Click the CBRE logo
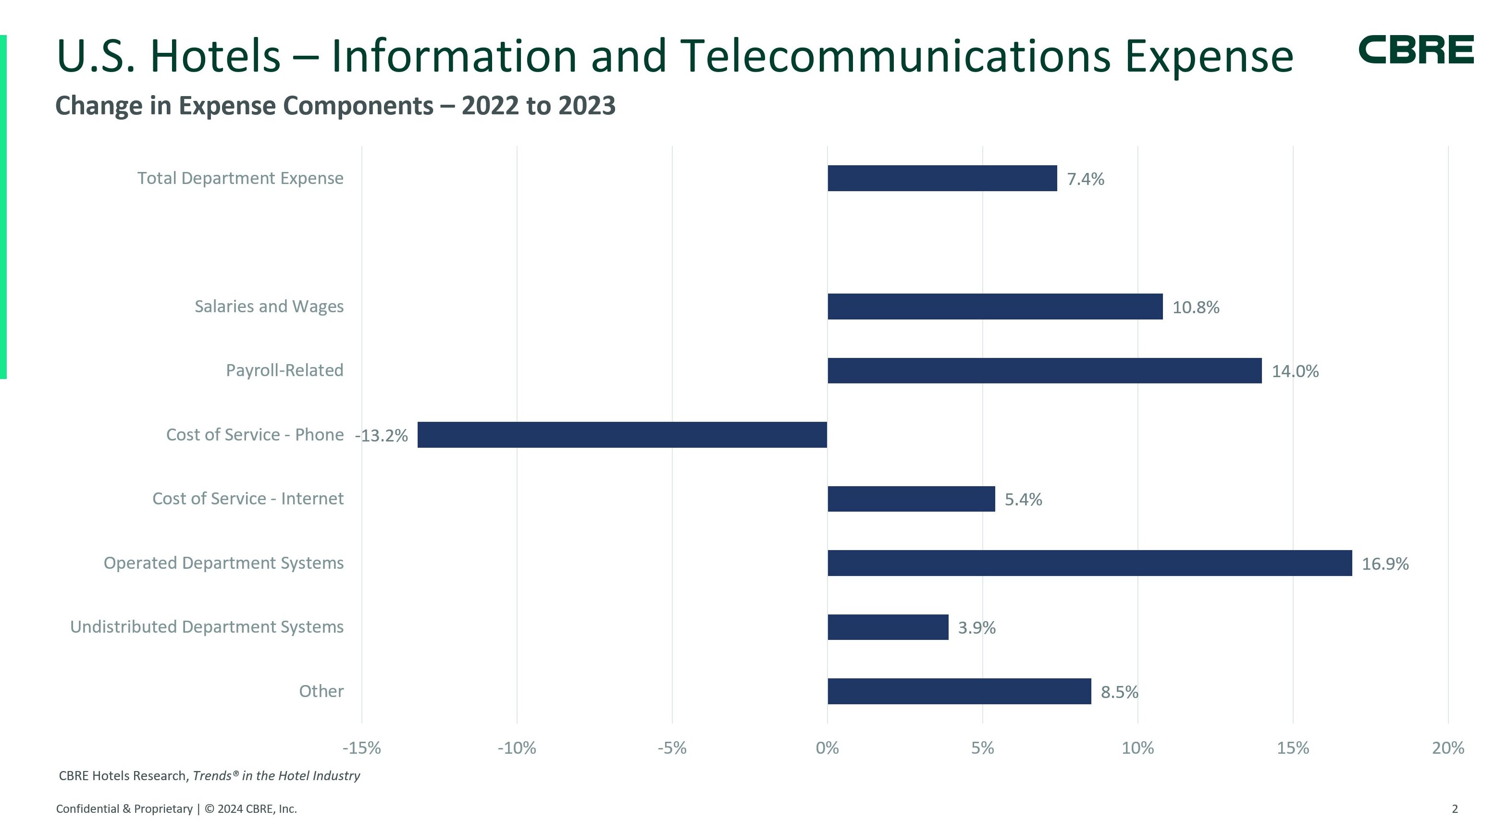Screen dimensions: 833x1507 1416,50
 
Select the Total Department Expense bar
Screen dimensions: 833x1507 942,178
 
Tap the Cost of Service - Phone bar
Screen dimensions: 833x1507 622,435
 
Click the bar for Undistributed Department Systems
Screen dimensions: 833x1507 888,627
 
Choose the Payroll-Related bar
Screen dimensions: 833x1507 1044,371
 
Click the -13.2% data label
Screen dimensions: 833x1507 382,436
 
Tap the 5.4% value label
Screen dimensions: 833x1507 1023,500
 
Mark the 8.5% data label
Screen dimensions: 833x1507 1119,692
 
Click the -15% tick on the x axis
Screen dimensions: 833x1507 361,748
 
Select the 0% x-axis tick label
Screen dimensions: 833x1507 827,748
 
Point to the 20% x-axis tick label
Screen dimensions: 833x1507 1448,748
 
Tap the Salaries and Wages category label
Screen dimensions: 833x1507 269,306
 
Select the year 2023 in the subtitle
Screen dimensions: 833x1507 587,106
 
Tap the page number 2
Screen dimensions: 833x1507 1455,809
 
